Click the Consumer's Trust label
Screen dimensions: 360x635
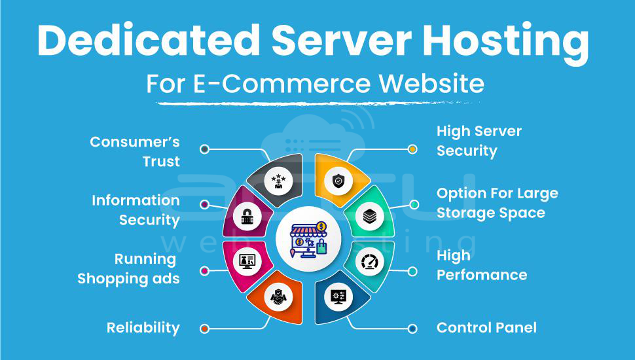[135, 151]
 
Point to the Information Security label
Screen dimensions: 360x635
[136, 210]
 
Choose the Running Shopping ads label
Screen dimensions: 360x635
[128, 268]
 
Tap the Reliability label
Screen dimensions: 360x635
[143, 328]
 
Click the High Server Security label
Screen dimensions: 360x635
[479, 141]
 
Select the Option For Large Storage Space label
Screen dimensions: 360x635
[498, 203]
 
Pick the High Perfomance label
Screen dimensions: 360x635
[482, 264]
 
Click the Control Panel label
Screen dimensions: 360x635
[486, 327]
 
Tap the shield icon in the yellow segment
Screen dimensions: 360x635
[338, 181]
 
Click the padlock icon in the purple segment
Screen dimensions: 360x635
[247, 217]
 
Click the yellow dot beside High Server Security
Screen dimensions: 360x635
[412, 149]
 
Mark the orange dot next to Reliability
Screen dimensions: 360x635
[205, 329]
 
